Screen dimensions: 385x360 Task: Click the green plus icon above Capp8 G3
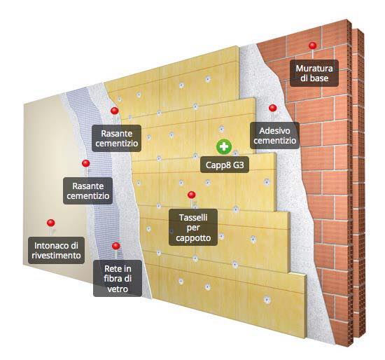pyautogui.click(x=224, y=147)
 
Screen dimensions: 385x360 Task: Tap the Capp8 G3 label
pyautogui.click(x=225, y=165)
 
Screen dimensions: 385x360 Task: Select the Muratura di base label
pyautogui.click(x=314, y=74)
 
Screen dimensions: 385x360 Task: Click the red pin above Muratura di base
pyautogui.click(x=313, y=46)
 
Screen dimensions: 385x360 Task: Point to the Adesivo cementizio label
pyautogui.click(x=275, y=135)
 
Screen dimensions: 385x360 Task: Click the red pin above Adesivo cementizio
pyautogui.click(x=273, y=108)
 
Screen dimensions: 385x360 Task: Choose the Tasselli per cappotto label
pyautogui.click(x=193, y=228)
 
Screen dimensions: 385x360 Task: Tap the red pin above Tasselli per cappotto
pyautogui.click(x=192, y=195)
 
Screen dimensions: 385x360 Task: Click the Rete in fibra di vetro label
pyautogui.click(x=118, y=279)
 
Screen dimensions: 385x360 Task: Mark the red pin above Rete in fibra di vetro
pyautogui.click(x=116, y=246)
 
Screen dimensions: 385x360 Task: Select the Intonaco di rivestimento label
pyautogui.click(x=56, y=251)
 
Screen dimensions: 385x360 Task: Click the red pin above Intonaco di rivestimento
pyautogui.click(x=51, y=223)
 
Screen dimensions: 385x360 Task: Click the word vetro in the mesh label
pyautogui.click(x=118, y=289)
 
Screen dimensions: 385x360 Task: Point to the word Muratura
pyautogui.click(x=314, y=69)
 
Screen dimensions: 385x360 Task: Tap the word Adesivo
pyautogui.click(x=275, y=131)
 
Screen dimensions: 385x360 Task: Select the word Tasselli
pyautogui.click(x=193, y=218)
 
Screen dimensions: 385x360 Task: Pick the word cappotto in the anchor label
pyautogui.click(x=193, y=238)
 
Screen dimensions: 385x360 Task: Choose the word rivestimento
pyautogui.click(x=56, y=256)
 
